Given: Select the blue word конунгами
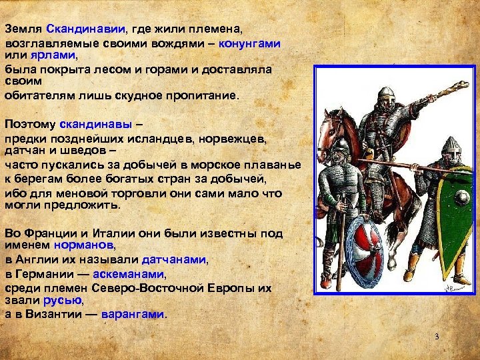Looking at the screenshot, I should tap(252, 42).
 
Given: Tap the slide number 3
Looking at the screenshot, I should tap(437, 336).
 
